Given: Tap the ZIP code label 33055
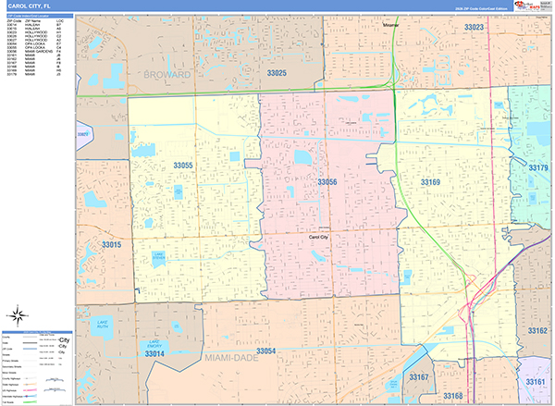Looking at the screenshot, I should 183,165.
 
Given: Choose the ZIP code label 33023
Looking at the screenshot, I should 474,28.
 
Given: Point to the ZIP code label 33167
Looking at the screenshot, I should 420,377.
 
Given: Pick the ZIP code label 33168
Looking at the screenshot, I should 453,396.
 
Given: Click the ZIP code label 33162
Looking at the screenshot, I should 537,330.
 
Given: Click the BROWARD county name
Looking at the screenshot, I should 166,73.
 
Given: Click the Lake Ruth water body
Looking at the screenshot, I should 102,324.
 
